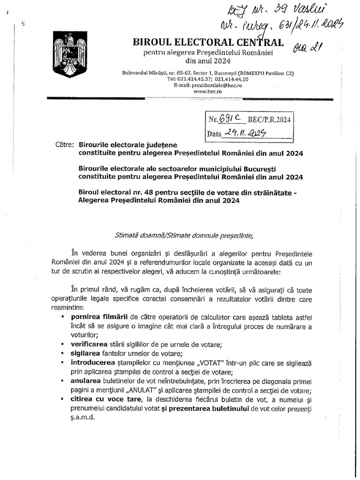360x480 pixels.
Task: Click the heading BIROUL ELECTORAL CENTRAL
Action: pyautogui.click(x=208, y=43)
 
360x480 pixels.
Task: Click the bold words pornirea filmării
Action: pyautogui.click(x=96, y=317)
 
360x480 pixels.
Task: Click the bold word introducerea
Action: pyautogui.click(x=93, y=362)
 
